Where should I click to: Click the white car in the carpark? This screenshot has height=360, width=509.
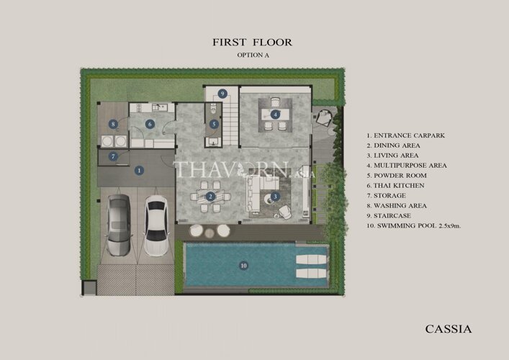pos(156,225)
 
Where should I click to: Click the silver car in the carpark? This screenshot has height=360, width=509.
pos(119,225)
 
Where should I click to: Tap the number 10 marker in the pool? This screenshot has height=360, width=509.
pos(243,266)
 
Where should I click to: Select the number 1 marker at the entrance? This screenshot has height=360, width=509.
pos(139,171)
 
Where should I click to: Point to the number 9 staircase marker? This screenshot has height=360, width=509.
pos(222,94)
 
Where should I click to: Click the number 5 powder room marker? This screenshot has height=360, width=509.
pos(214,124)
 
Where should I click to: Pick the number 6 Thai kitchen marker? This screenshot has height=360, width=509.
pos(150,124)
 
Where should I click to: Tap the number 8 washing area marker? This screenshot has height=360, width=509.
pos(113,124)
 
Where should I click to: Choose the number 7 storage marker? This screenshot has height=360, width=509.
pos(113,157)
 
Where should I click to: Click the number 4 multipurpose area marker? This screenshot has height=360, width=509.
pos(275,114)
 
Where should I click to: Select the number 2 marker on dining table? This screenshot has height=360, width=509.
pos(210,197)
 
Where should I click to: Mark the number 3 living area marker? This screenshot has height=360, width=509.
pos(275,197)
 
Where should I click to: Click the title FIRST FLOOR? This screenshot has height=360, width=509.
pos(253,42)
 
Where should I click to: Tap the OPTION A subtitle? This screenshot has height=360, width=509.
pos(253,55)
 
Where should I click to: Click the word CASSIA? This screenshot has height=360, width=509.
pos(449,329)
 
